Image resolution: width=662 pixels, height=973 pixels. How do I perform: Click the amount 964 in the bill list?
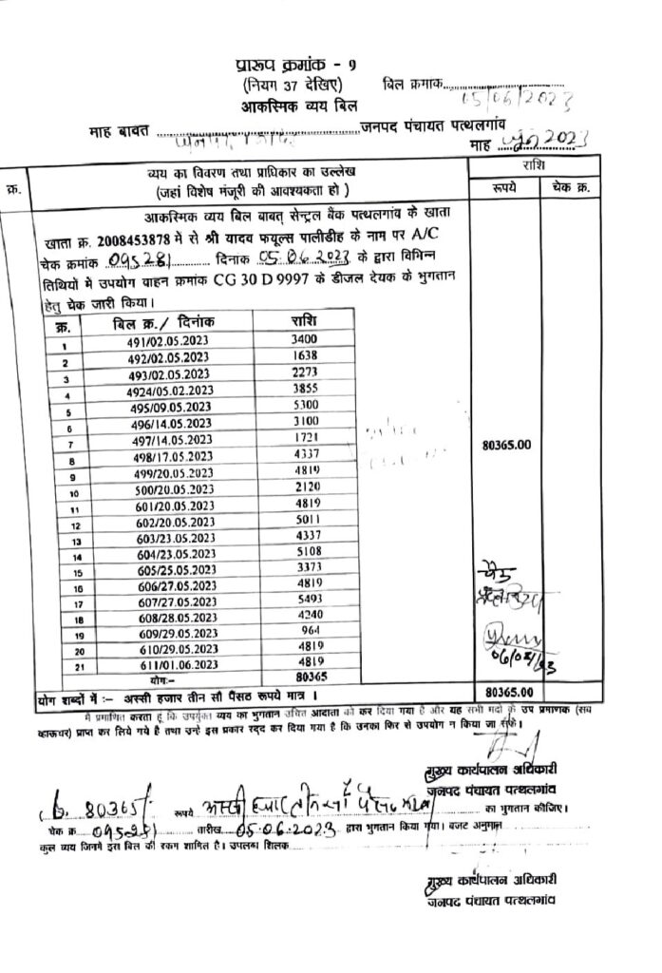pos(305,630)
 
